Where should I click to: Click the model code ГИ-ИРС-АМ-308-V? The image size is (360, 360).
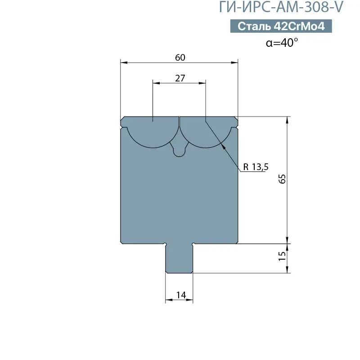(281, 7)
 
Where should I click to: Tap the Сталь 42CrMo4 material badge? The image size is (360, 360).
(281, 26)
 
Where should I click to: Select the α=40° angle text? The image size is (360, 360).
(282, 42)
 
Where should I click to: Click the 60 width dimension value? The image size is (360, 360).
(180, 58)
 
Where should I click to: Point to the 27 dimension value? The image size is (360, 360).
(180, 78)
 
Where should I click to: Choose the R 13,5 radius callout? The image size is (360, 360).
(256, 167)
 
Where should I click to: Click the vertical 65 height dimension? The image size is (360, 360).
(282, 179)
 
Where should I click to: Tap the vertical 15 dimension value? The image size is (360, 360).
(282, 256)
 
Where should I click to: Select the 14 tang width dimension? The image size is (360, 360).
(181, 295)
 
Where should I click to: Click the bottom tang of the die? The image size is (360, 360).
(179, 258)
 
